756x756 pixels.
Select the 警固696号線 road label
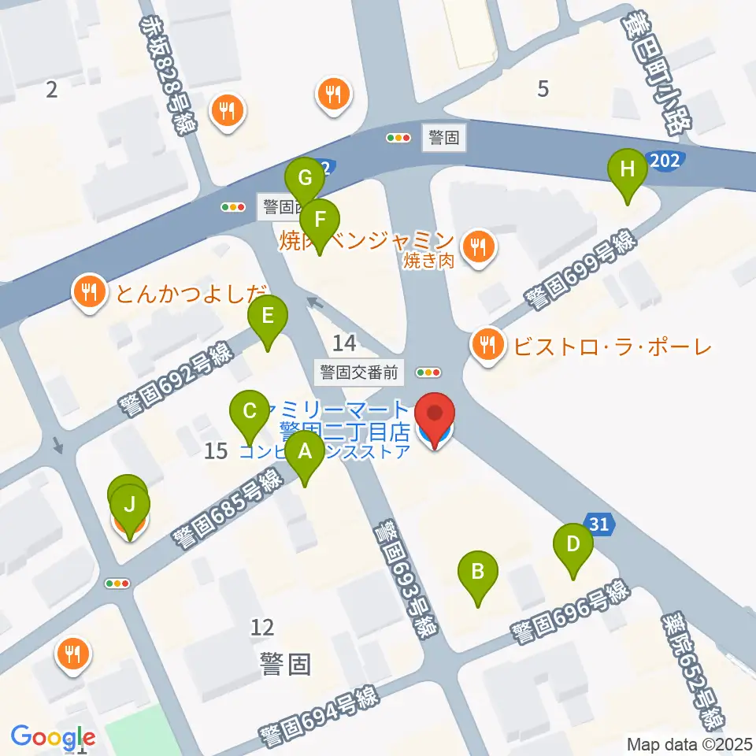570,612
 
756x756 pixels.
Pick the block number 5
543,90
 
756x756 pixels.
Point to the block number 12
262,628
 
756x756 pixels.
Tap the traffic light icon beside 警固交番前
430,372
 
